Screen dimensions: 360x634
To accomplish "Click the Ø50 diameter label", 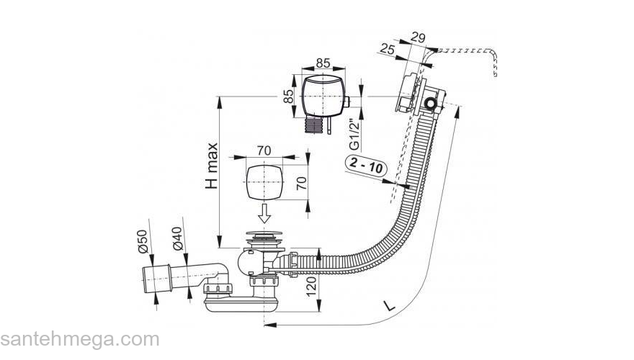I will [143, 241].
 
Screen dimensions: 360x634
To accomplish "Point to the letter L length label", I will [389, 305].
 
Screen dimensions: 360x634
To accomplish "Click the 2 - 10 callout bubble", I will [365, 167].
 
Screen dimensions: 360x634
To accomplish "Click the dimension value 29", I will [417, 37].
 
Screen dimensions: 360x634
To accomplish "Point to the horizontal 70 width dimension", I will [264, 151].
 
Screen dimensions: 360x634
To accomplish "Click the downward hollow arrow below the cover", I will [265, 212].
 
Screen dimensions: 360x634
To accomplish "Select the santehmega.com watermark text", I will [79, 340].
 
